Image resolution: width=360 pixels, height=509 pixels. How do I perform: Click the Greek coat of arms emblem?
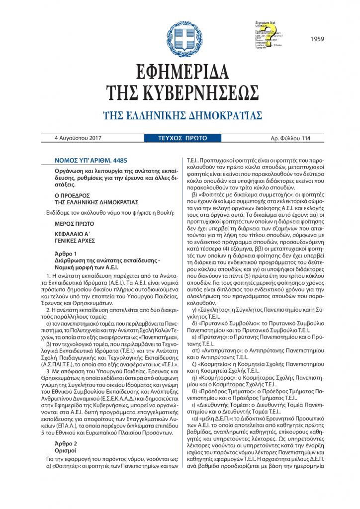[180, 34]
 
